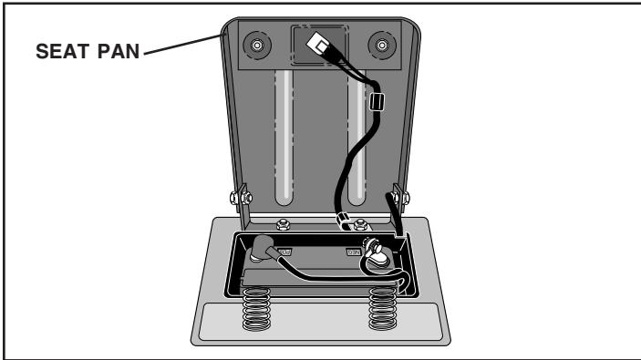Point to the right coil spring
click(x=383, y=310)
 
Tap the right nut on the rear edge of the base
click(x=363, y=221)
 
